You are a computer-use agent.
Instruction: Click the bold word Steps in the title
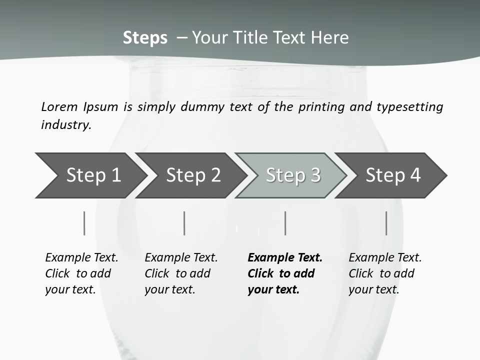pos(145,37)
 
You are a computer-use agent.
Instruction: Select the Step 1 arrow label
pos(93,175)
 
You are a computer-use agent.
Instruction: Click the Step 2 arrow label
pos(193,175)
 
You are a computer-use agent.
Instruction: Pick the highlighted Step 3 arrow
pos(293,175)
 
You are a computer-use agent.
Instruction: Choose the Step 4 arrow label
pos(393,175)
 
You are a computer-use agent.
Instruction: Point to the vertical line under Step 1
pos(84,223)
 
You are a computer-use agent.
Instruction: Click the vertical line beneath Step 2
pos(184,223)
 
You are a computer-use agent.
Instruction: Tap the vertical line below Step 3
pos(285,223)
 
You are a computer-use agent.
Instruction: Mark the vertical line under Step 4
pos(386,223)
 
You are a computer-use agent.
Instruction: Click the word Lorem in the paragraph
pos(59,106)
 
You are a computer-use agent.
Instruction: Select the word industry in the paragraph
pos(66,124)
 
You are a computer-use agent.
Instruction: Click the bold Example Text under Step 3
pos(285,257)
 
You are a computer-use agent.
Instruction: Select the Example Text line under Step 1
pos(81,257)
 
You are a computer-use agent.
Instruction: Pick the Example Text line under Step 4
pos(385,257)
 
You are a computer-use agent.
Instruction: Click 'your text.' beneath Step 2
pos(169,289)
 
